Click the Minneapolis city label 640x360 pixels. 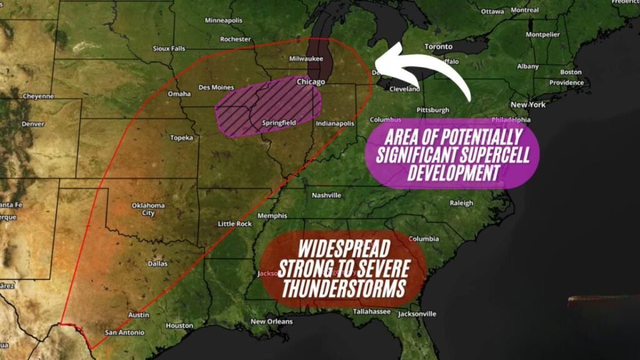coord(223,20)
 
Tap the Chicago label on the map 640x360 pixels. coord(311,82)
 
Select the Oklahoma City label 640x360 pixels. coord(148,209)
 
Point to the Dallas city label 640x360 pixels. coord(157,264)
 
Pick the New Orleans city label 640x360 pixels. coord(271,322)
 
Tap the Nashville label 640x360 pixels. coord(326,195)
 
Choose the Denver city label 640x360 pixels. coord(32,124)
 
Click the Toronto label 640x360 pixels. coord(438,47)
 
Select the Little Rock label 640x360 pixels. coord(235,224)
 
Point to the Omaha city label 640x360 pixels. coord(179,94)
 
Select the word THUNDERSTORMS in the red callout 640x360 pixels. coord(342,289)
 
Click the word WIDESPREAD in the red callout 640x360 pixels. coord(344,248)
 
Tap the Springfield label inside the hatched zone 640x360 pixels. coord(279,123)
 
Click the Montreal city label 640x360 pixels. coord(524,10)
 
